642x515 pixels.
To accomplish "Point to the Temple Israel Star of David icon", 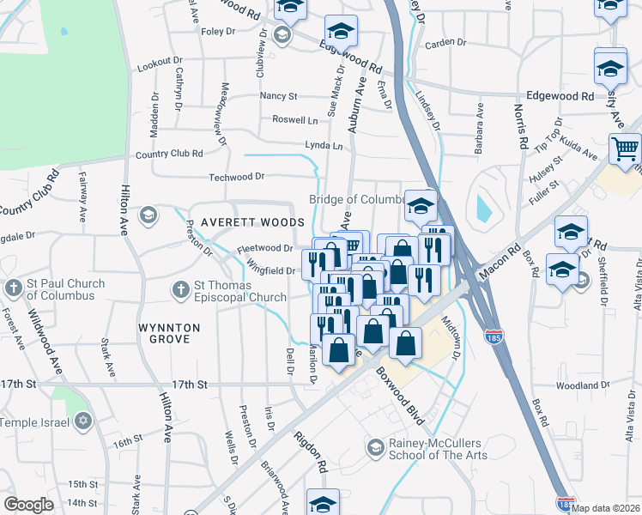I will coord(83,421).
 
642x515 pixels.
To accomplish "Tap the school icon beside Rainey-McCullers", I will coord(375,447).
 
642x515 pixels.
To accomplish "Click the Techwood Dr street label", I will coord(238,177).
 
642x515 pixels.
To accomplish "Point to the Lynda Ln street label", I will coord(324,146).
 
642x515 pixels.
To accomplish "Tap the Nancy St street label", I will coord(279,96).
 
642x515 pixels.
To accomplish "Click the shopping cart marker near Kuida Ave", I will coord(625,149).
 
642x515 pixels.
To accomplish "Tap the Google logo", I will coord(28,505).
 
